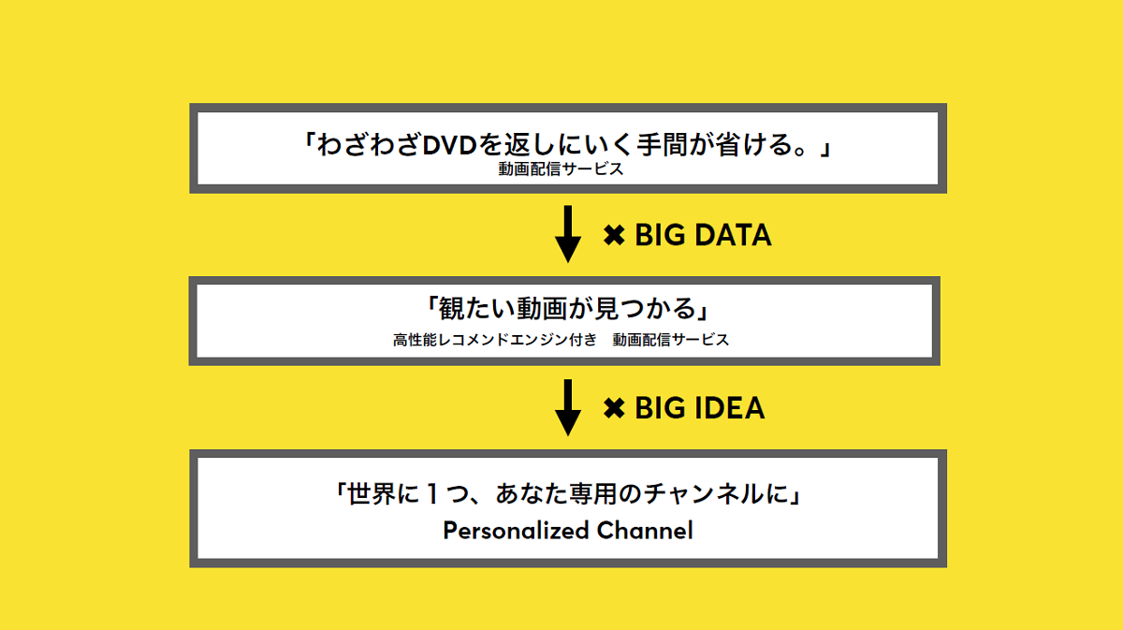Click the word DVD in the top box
pos(450,145)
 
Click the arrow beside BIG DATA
pos(568,234)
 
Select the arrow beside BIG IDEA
pos(568,407)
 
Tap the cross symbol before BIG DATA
pos(614,235)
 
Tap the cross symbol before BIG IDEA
pos(614,408)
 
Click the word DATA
pos(733,235)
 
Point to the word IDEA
pos(729,408)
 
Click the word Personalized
pos(516,531)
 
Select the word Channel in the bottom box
pos(645,530)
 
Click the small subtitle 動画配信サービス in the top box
pos(561,169)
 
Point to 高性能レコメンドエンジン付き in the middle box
pos(495,340)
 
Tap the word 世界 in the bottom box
pos(371,493)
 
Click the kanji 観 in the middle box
pos(452,308)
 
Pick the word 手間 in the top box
pos(662,145)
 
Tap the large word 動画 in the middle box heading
pos(542,308)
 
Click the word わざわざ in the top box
pos(369,145)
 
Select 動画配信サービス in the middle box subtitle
pos(671,340)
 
